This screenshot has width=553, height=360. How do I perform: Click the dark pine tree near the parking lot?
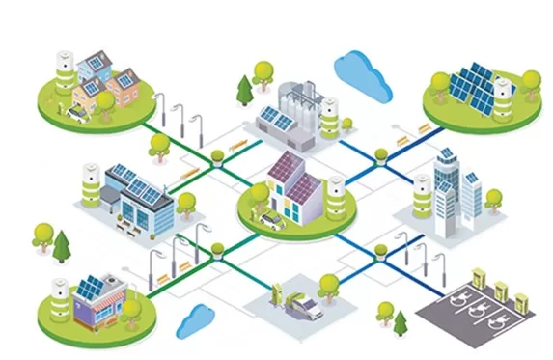[x=401, y=321]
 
